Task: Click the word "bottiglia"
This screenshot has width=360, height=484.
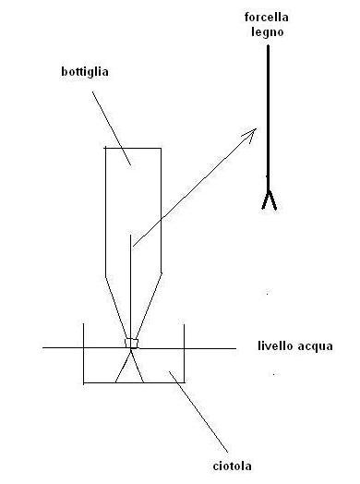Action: [x=85, y=72]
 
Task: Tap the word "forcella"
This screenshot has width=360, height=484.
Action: [x=267, y=17]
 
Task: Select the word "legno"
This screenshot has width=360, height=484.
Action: [x=267, y=32]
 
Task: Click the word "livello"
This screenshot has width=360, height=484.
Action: [x=275, y=345]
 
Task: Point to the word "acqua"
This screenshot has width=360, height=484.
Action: [x=316, y=346]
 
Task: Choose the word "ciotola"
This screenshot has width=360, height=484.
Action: [x=232, y=466]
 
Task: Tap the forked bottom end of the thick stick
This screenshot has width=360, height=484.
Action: [x=269, y=200]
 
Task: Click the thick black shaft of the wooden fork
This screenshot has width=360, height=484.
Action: [x=268, y=117]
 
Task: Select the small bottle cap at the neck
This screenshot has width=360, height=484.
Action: [x=131, y=343]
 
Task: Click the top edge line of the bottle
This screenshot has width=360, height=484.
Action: [x=133, y=148]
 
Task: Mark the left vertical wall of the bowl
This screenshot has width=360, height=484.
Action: [x=84, y=354]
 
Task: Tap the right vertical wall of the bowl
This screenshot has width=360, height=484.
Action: [x=185, y=353]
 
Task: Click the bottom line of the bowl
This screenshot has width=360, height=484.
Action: [x=134, y=382]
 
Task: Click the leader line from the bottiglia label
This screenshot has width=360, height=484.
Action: [x=112, y=128]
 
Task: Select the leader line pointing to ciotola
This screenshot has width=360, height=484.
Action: [x=198, y=412]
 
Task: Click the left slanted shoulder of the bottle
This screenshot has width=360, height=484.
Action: [x=116, y=308]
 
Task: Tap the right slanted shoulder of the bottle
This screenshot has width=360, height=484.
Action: [x=149, y=306]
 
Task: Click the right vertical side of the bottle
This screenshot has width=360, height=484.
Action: [x=161, y=211]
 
